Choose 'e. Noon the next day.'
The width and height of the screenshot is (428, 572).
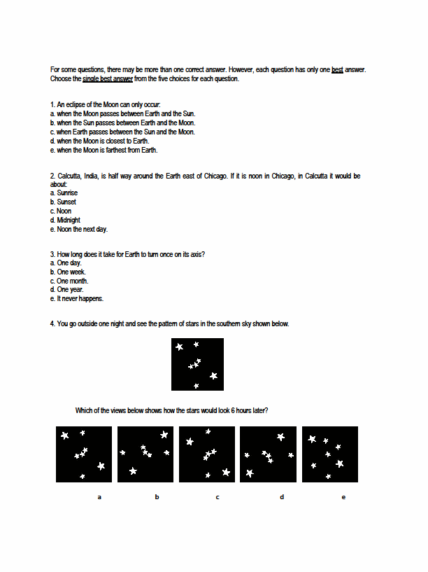tap(79, 229)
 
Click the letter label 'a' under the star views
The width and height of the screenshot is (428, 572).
tap(99, 497)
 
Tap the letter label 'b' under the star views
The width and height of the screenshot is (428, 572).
tap(157, 497)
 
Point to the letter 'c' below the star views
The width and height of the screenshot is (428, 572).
tap(217, 497)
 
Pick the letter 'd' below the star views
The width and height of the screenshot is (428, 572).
tap(282, 497)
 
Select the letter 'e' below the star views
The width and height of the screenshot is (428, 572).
tap(343, 497)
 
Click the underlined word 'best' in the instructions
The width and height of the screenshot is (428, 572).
tap(337, 69)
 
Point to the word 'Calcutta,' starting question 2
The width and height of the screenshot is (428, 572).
tap(70, 176)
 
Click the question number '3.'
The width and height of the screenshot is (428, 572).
tap(52, 253)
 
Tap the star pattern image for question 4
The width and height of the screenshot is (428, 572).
tap(197, 364)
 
